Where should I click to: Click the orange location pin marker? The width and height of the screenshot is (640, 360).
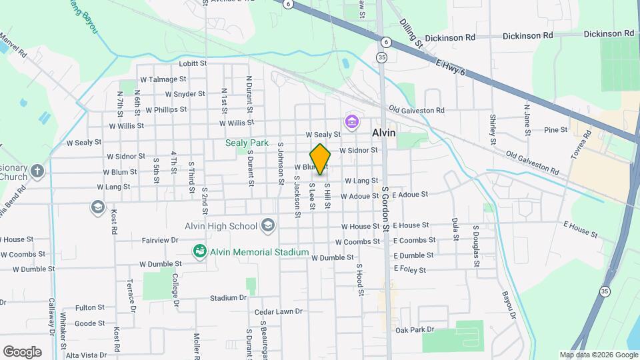320,159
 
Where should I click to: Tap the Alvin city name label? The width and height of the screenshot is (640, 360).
383,133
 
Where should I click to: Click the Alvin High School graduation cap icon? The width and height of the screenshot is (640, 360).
268,225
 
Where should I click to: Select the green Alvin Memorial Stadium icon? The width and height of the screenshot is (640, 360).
199,251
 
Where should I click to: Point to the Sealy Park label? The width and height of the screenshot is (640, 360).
246,143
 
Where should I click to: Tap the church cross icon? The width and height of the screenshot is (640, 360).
37,171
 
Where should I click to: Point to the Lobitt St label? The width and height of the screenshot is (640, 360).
193,64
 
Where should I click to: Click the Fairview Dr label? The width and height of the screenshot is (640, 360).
160,239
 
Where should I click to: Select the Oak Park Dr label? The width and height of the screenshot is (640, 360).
415,329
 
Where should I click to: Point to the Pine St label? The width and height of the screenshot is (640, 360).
555,129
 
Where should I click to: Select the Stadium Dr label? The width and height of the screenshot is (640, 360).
224,298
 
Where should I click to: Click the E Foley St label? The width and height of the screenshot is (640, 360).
409,269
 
